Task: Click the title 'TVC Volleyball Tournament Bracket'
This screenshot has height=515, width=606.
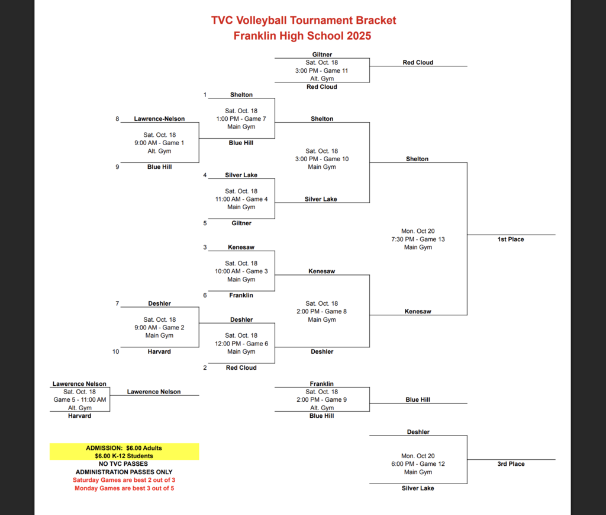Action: pyautogui.click(x=303, y=20)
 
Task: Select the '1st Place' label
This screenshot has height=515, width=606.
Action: pyautogui.click(x=510, y=239)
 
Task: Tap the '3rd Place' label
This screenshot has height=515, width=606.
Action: pyautogui.click(x=510, y=464)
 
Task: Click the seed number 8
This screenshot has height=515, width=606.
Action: pyautogui.click(x=117, y=119)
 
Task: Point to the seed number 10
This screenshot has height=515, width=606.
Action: pyautogui.click(x=116, y=351)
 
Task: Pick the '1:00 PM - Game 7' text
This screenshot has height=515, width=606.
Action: pyautogui.click(x=241, y=119)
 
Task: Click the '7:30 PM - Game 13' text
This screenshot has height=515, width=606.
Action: pyautogui.click(x=418, y=239)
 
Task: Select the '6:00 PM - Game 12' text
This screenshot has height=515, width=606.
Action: pyautogui.click(x=418, y=464)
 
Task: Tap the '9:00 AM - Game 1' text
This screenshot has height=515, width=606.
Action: pyautogui.click(x=159, y=143)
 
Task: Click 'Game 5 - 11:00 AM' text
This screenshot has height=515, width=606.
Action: pyautogui.click(x=79, y=400)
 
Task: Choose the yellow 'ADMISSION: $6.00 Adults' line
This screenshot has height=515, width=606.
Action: pyautogui.click(x=124, y=448)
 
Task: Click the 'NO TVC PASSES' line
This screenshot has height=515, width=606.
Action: pyautogui.click(x=124, y=464)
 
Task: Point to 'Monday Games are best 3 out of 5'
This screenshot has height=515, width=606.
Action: pyautogui.click(x=124, y=488)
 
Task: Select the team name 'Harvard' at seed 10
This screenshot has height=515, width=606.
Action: pyautogui.click(x=159, y=351)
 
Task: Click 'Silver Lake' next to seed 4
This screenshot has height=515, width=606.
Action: pyautogui.click(x=241, y=175)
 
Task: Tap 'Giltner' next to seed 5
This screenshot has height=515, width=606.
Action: pyautogui.click(x=241, y=223)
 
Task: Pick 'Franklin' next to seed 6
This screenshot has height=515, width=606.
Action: pyautogui.click(x=241, y=295)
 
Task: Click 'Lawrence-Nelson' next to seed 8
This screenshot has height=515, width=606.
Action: pyautogui.click(x=159, y=119)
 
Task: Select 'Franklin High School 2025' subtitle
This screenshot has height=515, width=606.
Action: pyautogui.click(x=302, y=36)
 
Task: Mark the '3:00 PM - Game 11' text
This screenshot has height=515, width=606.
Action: pyautogui.click(x=322, y=71)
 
